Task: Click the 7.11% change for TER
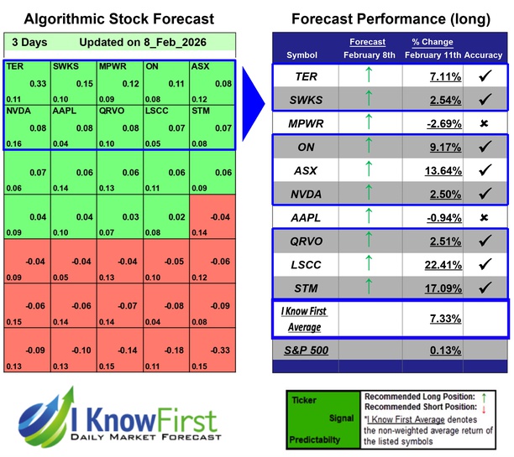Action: pyautogui.click(x=443, y=78)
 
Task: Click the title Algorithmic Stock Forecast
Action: pyautogui.click(x=118, y=18)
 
